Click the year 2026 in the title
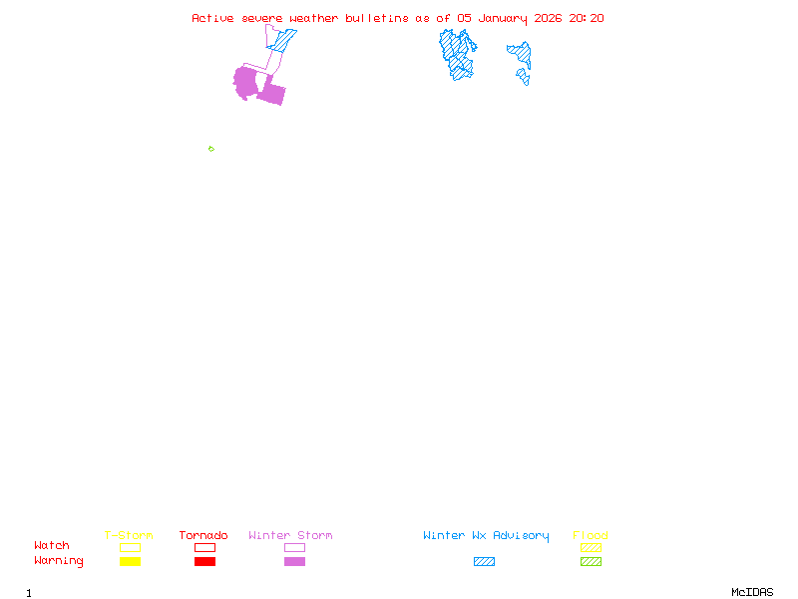point(547,18)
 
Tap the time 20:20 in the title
point(587,18)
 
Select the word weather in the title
point(315,18)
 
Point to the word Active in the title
point(214,18)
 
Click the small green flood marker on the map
point(210,149)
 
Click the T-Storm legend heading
point(129,535)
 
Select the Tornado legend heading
point(203,535)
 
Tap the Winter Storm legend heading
point(290,535)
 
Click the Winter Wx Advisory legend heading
point(486,535)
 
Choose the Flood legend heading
point(591,535)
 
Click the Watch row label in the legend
point(52,546)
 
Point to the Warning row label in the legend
point(59,561)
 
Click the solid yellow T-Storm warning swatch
point(130,562)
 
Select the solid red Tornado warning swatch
point(204,562)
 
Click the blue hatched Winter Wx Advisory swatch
point(484,562)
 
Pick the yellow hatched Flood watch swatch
point(591,548)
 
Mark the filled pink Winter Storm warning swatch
point(294,562)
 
